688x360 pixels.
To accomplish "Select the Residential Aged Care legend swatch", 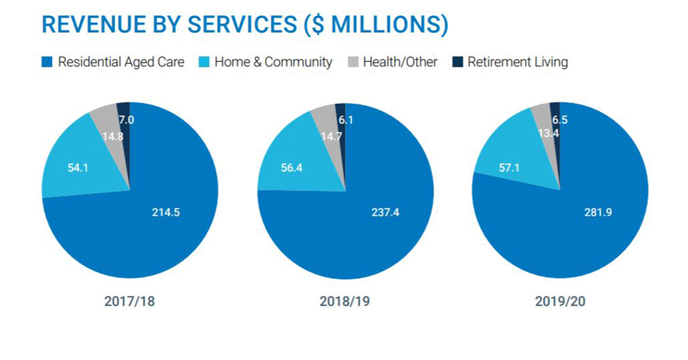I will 47,62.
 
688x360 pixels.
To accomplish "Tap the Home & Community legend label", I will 273,62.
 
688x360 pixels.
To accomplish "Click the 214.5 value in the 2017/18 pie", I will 166,212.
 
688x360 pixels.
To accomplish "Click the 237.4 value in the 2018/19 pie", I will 385,212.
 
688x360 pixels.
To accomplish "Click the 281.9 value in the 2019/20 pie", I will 598,212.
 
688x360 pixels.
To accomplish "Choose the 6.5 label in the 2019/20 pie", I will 559,120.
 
